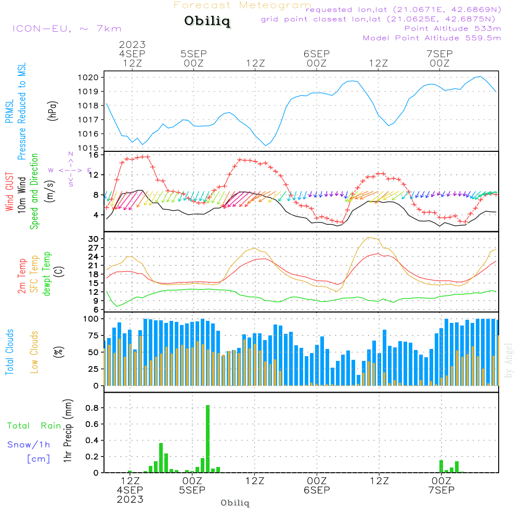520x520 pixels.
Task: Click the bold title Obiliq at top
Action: [207, 21]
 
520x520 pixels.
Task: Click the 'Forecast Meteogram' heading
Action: [242, 5]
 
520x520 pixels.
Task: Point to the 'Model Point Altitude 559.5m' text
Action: [432, 38]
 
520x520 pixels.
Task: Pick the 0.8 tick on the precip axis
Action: [93, 408]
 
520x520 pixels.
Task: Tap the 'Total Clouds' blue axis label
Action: [9, 352]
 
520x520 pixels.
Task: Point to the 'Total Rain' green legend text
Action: [34, 426]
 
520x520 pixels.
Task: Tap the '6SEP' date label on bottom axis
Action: [317, 490]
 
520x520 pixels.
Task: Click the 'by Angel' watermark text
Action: [509, 360]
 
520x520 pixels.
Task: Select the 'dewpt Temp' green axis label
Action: [47, 274]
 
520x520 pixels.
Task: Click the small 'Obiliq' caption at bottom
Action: [235, 503]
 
